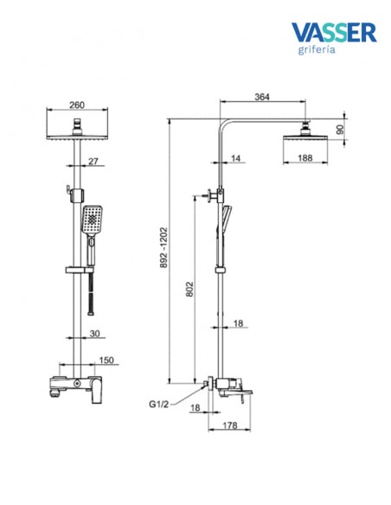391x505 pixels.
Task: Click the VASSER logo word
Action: point(334,32)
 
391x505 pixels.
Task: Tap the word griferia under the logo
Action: point(317,50)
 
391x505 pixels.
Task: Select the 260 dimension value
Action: point(77,105)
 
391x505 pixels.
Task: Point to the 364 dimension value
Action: point(262,97)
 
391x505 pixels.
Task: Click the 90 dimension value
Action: point(340,130)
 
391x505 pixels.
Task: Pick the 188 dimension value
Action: point(305,157)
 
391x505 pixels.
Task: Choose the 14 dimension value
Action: point(236,158)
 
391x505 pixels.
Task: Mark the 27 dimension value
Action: point(93,161)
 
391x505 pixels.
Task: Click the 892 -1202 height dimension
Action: point(164,247)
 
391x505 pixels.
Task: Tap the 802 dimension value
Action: point(190,289)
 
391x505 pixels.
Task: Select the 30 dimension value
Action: point(94,334)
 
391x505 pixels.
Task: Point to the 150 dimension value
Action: point(106,360)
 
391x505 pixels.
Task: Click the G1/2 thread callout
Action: point(158,404)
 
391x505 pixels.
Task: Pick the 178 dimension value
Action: point(230,425)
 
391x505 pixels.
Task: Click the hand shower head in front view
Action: point(92,220)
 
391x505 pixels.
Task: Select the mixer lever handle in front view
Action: point(96,390)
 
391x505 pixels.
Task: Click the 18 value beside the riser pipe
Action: point(238,323)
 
